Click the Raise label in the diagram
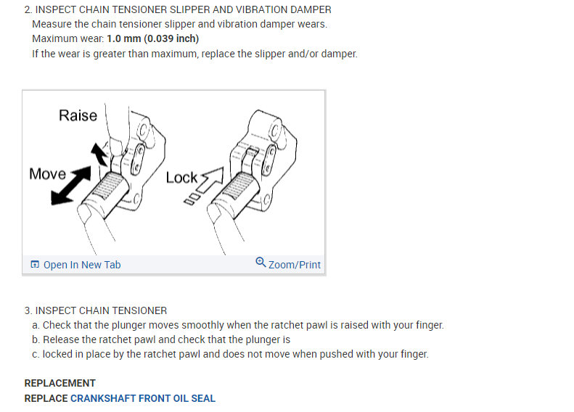point(78,115)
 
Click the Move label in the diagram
point(47,174)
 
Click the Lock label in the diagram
point(181,178)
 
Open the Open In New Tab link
point(82,265)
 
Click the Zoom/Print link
point(294,265)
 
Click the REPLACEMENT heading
point(60,383)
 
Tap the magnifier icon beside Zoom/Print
point(261,263)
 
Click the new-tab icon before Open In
point(35,265)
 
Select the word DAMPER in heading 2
point(311,9)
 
